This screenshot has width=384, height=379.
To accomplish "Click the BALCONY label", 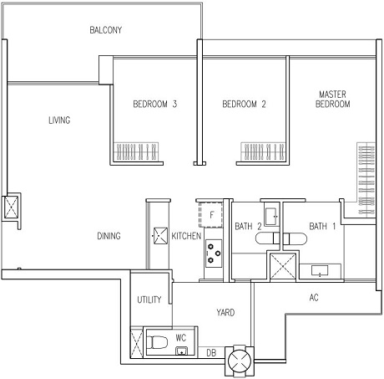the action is click(x=106, y=30).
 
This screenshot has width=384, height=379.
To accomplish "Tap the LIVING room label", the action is click(x=59, y=120).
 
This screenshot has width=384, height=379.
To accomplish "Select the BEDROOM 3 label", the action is click(x=155, y=104).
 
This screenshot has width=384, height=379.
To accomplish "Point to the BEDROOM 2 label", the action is click(x=244, y=104).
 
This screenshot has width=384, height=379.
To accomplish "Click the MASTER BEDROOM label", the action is click(x=332, y=99).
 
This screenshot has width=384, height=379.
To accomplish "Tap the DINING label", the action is click(x=109, y=236).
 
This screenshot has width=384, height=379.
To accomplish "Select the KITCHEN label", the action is click(x=186, y=236).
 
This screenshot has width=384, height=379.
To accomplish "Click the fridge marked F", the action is click(x=211, y=214).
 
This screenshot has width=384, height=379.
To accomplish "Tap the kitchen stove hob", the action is click(x=214, y=254).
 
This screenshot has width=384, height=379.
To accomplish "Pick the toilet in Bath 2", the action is click(x=268, y=238).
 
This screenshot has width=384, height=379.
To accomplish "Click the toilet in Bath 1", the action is click(x=295, y=238).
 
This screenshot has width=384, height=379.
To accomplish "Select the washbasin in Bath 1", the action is click(x=320, y=270).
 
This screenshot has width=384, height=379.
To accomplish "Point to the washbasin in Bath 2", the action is click(x=270, y=217).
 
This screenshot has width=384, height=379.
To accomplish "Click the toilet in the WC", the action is click(x=157, y=342).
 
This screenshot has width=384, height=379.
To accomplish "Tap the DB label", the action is click(x=211, y=353).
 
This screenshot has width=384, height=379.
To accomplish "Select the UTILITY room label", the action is click(x=149, y=300).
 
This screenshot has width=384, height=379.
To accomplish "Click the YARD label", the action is click(x=225, y=312).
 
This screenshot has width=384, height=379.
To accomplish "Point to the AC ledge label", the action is click(x=314, y=298).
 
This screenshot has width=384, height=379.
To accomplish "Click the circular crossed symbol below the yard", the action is click(x=240, y=361).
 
